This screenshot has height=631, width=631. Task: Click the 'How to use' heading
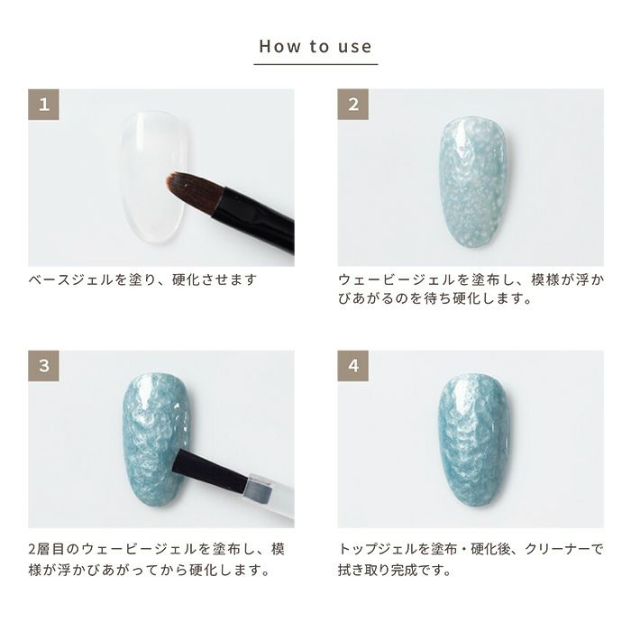tap(315, 46)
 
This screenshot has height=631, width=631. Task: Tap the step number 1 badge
tap(43, 105)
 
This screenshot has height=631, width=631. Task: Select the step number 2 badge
tap(353, 105)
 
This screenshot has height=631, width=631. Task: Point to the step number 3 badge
tap(43, 366)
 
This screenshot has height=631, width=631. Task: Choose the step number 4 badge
tap(353, 366)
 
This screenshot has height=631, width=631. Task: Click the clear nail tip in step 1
tap(153, 177)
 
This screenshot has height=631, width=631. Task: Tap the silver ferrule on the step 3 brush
tap(260, 488)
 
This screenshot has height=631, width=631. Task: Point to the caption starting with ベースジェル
tap(142, 279)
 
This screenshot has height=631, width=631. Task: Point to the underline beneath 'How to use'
tap(315, 64)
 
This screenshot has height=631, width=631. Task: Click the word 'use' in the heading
tap(354, 47)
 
